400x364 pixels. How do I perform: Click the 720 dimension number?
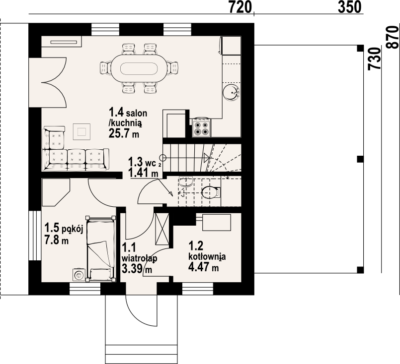(x=240, y=7)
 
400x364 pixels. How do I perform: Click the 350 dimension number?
(x=350, y=7)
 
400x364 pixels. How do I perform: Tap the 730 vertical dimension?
(x=375, y=59)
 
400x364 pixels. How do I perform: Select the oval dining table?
(x=139, y=68)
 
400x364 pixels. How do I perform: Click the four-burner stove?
(x=202, y=128)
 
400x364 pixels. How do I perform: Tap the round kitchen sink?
(x=232, y=92)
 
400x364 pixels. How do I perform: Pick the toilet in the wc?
(x=211, y=192)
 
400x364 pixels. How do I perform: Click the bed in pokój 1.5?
(x=100, y=248)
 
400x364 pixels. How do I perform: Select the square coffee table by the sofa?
(x=81, y=131)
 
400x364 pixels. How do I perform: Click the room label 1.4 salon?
(x=128, y=112)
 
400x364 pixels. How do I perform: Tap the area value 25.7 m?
(x=124, y=133)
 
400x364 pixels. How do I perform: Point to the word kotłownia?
(x=207, y=256)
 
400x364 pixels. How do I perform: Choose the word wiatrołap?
(x=139, y=258)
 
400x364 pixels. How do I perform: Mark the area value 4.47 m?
(x=203, y=267)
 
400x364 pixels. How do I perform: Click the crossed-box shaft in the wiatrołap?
(x=162, y=229)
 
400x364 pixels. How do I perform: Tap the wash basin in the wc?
(x=185, y=182)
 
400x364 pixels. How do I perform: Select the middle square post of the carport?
(x=360, y=159)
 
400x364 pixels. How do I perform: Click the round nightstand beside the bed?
(x=79, y=275)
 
